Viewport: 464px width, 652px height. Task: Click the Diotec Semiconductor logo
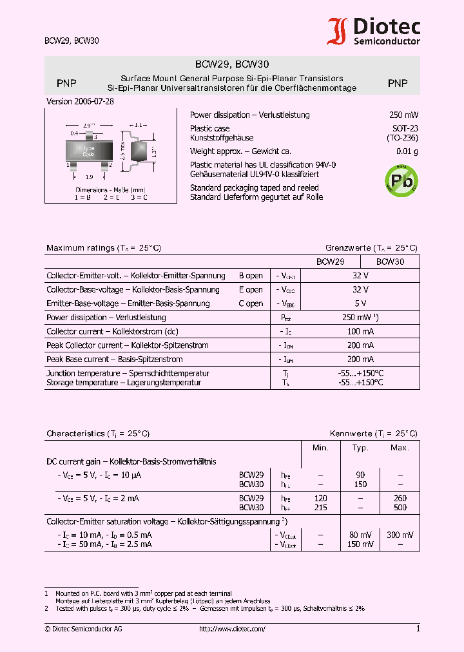click(374, 31)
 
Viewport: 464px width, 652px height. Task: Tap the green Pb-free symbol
click(401, 180)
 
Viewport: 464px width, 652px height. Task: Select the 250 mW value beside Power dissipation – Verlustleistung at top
click(403, 115)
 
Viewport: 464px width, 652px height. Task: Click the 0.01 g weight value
click(407, 152)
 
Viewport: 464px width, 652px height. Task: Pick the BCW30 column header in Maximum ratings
click(390, 262)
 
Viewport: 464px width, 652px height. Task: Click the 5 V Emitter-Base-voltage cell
click(360, 303)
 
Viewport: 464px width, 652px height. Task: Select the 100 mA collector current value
click(360, 331)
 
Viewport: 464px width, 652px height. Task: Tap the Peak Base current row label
click(115, 360)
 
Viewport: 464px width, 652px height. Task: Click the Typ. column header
click(360, 448)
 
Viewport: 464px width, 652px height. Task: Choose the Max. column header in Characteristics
click(400, 448)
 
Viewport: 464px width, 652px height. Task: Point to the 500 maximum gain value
click(400, 508)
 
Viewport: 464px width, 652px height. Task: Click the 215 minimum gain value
click(320, 508)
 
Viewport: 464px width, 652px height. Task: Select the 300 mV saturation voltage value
click(400, 535)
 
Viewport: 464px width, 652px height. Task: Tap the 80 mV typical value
click(360, 535)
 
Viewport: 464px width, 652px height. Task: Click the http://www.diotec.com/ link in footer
click(232, 629)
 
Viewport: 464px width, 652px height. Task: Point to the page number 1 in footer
click(418, 629)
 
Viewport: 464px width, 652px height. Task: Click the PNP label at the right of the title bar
click(398, 83)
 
